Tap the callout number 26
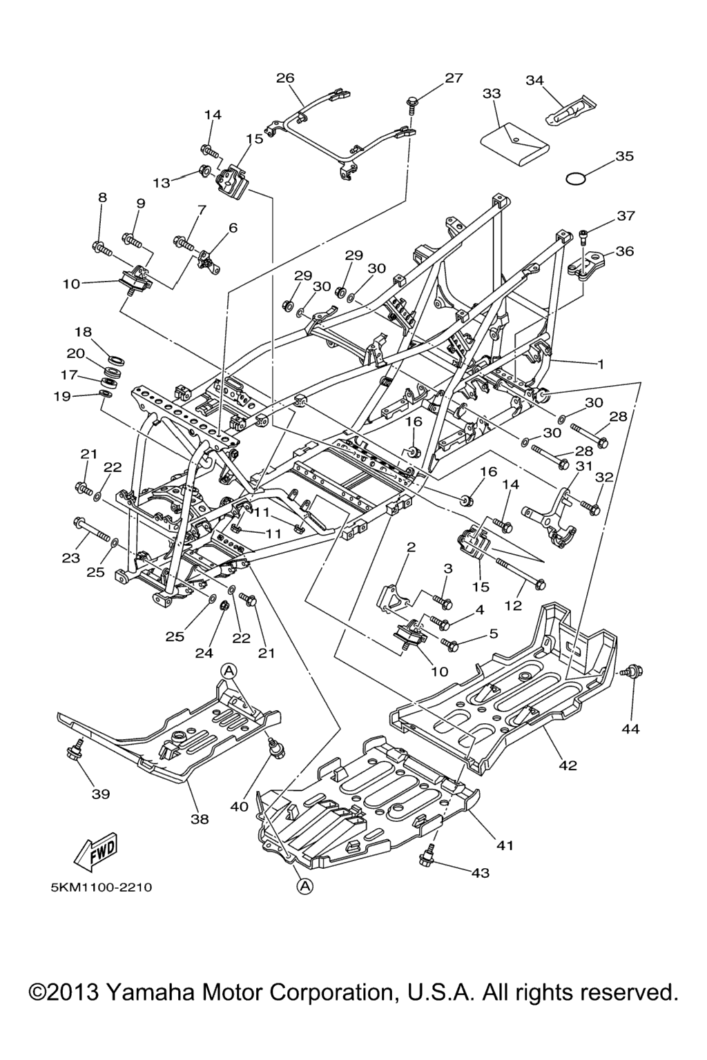click(285, 78)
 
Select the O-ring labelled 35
click(576, 179)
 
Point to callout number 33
click(492, 93)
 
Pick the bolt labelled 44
click(632, 671)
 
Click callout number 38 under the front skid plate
click(200, 819)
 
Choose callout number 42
click(568, 765)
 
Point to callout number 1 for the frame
click(601, 364)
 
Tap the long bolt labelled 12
click(518, 571)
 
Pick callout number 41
click(505, 845)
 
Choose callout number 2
click(411, 548)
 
